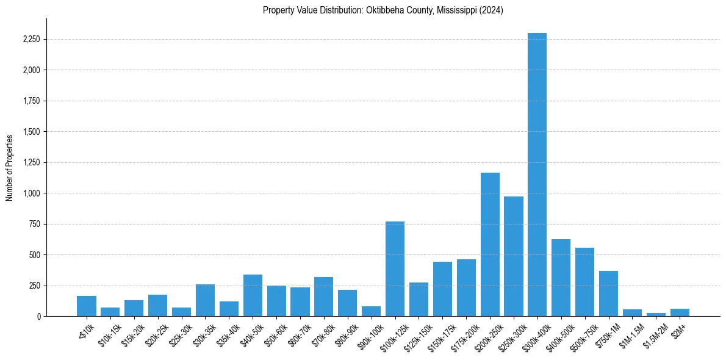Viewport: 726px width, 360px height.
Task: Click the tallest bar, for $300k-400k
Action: tap(537, 175)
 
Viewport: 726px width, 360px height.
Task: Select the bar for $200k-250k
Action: tap(490, 244)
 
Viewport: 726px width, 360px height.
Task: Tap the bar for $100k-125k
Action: tap(395, 268)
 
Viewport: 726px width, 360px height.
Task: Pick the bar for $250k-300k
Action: tap(513, 256)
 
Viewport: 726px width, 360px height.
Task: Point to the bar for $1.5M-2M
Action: tap(656, 314)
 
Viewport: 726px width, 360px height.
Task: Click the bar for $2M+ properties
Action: tap(680, 312)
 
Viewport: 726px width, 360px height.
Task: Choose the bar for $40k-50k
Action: tap(253, 295)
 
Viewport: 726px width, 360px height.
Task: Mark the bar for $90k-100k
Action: tap(371, 311)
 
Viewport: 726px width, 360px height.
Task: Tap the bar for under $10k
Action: tap(87, 306)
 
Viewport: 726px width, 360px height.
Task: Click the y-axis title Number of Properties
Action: tap(10, 167)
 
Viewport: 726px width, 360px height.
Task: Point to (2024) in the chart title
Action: tap(492, 10)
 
